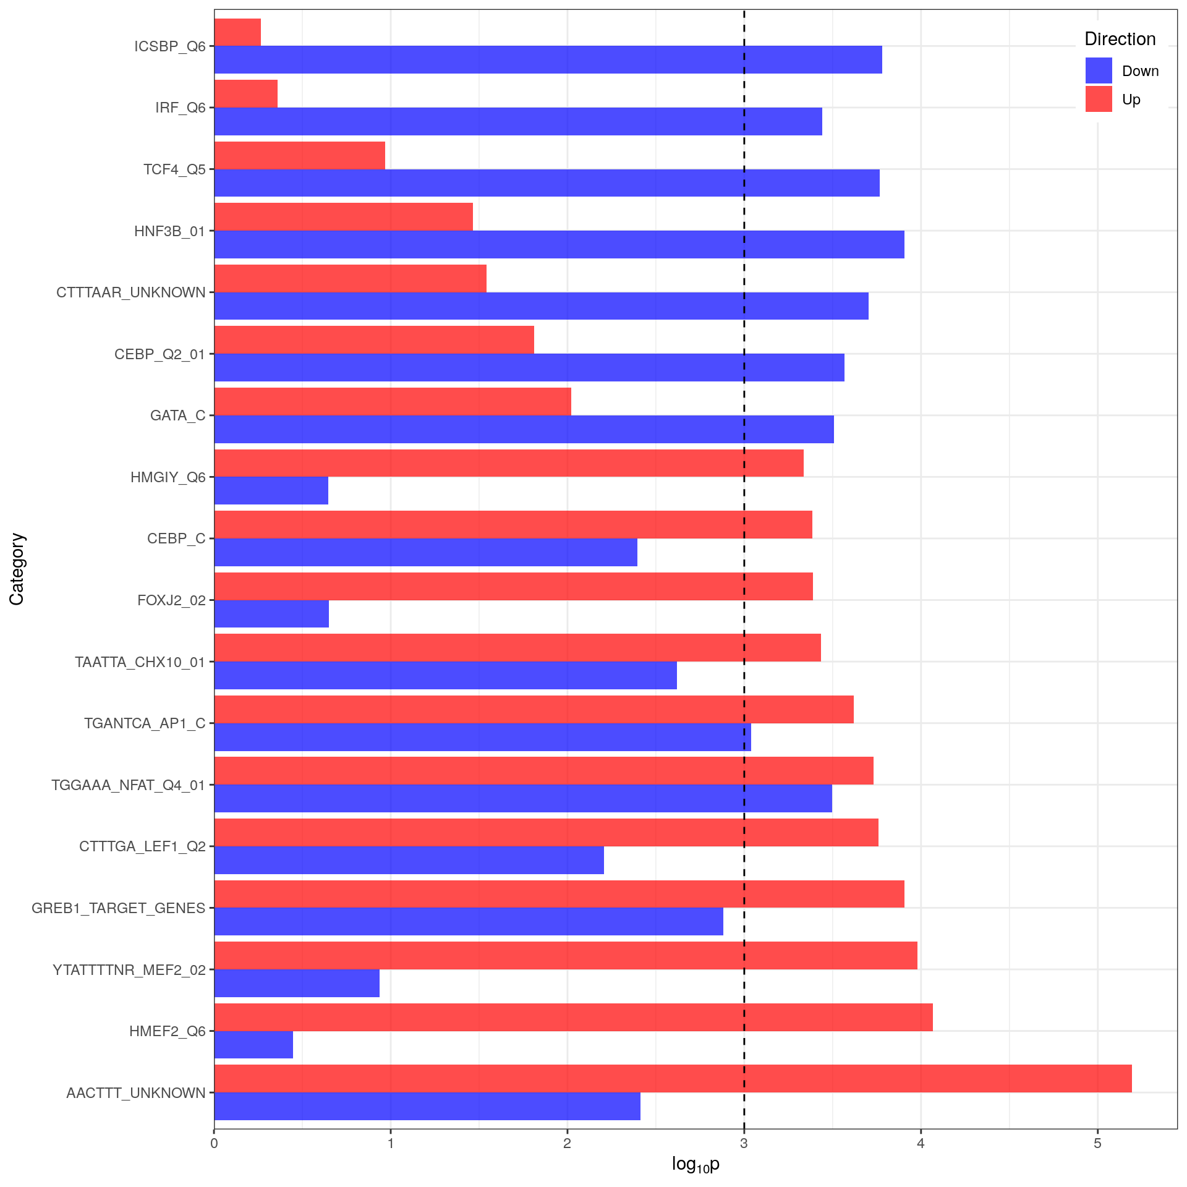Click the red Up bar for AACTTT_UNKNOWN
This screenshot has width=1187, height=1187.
click(x=673, y=1078)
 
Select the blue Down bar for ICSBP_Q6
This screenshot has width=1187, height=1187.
click(x=548, y=59)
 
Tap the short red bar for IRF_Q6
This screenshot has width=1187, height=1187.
click(x=246, y=93)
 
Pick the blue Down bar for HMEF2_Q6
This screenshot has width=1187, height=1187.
click(x=253, y=1045)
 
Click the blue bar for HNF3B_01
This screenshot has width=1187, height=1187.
click(x=559, y=244)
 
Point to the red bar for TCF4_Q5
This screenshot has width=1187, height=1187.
click(x=299, y=155)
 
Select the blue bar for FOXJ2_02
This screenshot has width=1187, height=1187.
click(x=271, y=614)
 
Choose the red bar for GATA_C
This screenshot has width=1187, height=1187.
click(x=393, y=401)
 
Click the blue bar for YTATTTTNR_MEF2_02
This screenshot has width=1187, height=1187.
click(x=297, y=983)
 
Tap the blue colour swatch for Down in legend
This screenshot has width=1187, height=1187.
click(x=1099, y=70)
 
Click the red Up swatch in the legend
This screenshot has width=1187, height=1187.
click(x=1099, y=99)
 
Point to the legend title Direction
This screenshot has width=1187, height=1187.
click(x=1120, y=39)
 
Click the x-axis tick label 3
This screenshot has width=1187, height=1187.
click(x=744, y=1143)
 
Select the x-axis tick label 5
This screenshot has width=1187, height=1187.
click(x=1097, y=1143)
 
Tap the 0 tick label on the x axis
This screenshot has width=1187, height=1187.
click(x=214, y=1143)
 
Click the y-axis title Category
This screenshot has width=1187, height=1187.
click(x=17, y=569)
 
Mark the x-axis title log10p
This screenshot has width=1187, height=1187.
click(x=696, y=1165)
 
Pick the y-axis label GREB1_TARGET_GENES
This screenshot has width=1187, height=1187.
click(x=119, y=908)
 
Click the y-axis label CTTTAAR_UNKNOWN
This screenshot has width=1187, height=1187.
click(x=131, y=292)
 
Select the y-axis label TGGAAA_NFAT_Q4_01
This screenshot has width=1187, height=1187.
click(x=128, y=785)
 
